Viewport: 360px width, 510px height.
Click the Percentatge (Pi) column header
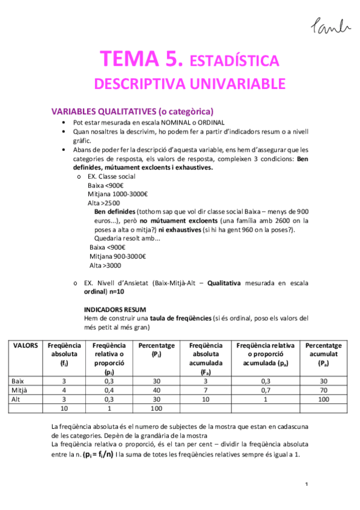156,350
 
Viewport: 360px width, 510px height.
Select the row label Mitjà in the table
20,390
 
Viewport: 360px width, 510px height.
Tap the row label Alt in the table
17,399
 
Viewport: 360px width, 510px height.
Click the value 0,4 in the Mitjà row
109,390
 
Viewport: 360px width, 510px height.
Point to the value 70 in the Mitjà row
323,390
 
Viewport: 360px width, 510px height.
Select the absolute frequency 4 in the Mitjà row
64,390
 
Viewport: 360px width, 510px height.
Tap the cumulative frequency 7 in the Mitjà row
206,390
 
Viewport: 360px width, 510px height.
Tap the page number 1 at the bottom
307,485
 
